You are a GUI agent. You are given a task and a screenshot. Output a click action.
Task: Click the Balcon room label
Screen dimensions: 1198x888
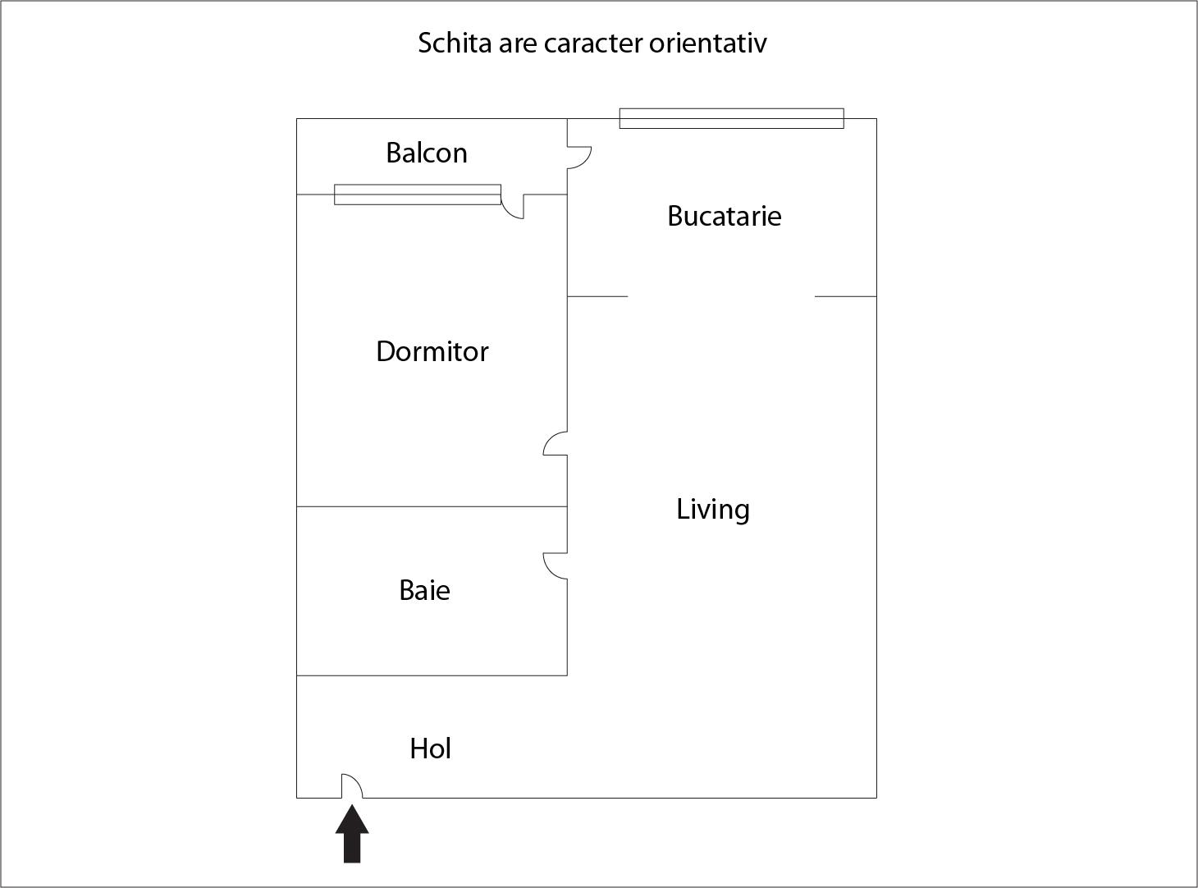coord(426,153)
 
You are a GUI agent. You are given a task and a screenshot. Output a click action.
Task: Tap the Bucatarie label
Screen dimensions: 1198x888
coord(725,216)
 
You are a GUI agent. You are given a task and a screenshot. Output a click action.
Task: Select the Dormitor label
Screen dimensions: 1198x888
coord(432,352)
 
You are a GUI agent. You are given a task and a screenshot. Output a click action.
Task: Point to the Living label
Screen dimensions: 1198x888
coord(713,510)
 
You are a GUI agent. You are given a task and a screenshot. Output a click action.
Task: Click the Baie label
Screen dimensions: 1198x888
coord(424,590)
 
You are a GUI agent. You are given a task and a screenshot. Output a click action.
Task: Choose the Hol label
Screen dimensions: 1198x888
coord(431,748)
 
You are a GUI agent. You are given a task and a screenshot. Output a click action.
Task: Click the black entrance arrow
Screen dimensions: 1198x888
coord(352,833)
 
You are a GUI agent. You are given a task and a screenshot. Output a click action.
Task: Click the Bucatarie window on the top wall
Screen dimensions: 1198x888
coord(731,118)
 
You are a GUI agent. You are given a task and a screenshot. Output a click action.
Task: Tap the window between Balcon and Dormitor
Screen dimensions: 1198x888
coord(418,195)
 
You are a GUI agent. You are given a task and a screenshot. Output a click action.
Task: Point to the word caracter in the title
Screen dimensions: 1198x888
coord(593,44)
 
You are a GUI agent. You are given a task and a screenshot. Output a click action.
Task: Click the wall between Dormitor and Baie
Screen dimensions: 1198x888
coord(432,506)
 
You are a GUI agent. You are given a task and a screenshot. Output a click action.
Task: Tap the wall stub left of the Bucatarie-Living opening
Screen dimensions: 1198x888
coord(597,296)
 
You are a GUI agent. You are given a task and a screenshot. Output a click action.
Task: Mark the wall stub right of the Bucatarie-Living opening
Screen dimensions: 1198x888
coord(845,296)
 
